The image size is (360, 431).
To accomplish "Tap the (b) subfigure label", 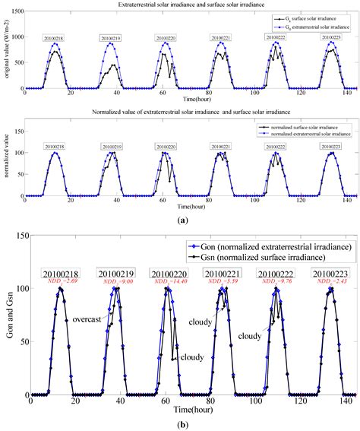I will [182, 423].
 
